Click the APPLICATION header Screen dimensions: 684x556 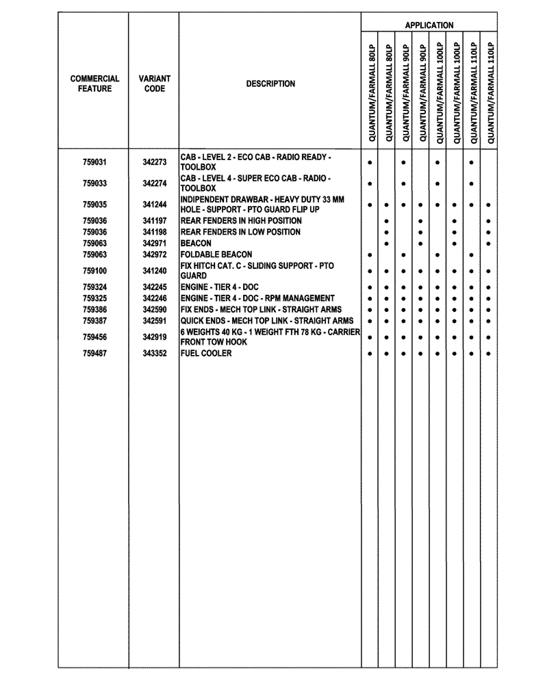click(x=429, y=25)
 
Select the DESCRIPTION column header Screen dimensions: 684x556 click(x=270, y=84)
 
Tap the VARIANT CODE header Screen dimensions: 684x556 click(x=154, y=84)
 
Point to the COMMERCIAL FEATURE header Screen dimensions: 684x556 click(x=94, y=84)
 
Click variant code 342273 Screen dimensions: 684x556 click(x=155, y=163)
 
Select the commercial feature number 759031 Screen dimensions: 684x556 click(x=94, y=163)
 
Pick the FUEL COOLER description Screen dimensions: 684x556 click(x=206, y=354)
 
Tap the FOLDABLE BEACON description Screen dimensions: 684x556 click(x=216, y=254)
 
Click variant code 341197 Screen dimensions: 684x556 click(x=155, y=221)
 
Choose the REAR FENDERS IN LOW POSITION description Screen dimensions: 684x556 click(x=240, y=233)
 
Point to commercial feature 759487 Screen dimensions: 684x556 click(x=94, y=354)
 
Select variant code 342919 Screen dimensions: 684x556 click(x=155, y=337)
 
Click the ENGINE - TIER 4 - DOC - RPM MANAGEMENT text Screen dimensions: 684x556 click(x=257, y=299)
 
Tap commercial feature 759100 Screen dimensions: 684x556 click(x=94, y=271)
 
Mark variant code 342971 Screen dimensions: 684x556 click(x=155, y=244)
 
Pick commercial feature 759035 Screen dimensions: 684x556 click(x=94, y=205)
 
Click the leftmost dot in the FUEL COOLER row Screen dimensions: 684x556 click(x=370, y=354)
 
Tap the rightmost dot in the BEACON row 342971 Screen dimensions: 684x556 click(x=488, y=244)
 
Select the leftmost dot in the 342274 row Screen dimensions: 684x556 click(x=370, y=183)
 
